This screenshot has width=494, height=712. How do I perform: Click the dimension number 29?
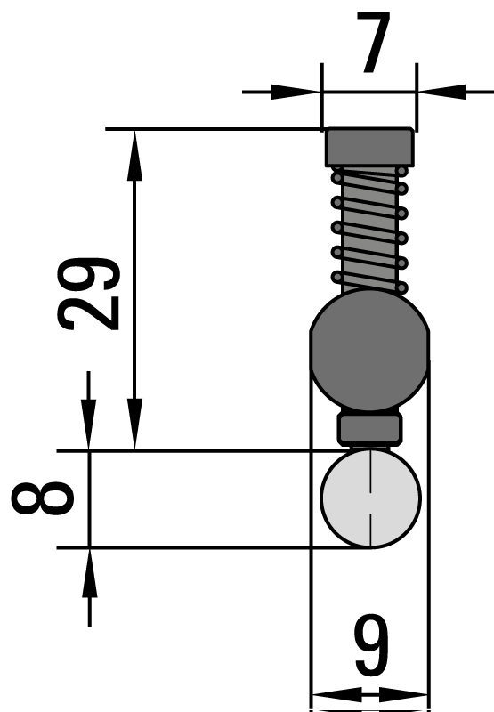[89, 294]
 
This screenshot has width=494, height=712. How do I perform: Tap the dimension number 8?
[43, 498]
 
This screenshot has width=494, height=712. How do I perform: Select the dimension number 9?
[372, 645]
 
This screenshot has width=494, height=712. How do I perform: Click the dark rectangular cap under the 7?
[369, 147]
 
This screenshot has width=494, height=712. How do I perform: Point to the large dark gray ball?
[369, 350]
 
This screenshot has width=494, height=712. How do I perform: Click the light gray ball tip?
[370, 498]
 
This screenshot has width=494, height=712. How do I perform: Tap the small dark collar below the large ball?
[369, 429]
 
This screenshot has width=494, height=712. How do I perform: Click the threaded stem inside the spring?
[369, 231]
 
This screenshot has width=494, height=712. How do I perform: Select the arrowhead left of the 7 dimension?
[296, 92]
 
